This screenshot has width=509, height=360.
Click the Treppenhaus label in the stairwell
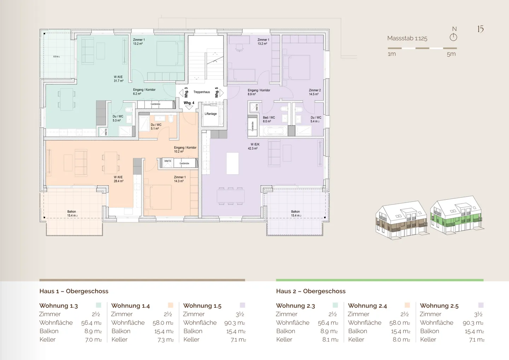[x=201, y=92]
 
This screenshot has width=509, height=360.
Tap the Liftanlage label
[x=210, y=114]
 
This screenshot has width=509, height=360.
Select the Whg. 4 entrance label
[x=189, y=103]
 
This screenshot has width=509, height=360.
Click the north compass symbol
[x=454, y=37]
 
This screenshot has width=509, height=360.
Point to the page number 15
[x=480, y=29]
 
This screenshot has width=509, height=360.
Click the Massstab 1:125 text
[x=407, y=38]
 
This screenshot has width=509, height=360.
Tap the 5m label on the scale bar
[x=451, y=54]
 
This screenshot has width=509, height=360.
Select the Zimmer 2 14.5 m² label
[x=315, y=92]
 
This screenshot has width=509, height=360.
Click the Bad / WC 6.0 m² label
[x=269, y=120]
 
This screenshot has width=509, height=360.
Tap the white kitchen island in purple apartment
[x=232, y=163]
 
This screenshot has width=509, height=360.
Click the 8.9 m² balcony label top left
[x=57, y=57]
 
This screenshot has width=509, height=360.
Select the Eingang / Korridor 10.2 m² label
[x=185, y=150]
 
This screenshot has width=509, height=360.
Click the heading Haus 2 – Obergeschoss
[x=311, y=291]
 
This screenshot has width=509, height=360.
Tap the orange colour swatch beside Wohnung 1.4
[x=170, y=305]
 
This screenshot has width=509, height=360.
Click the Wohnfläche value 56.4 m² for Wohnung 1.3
[x=91, y=323]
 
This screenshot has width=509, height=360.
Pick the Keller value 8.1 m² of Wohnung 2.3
[x=330, y=339]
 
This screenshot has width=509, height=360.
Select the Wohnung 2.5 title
[x=439, y=306]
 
